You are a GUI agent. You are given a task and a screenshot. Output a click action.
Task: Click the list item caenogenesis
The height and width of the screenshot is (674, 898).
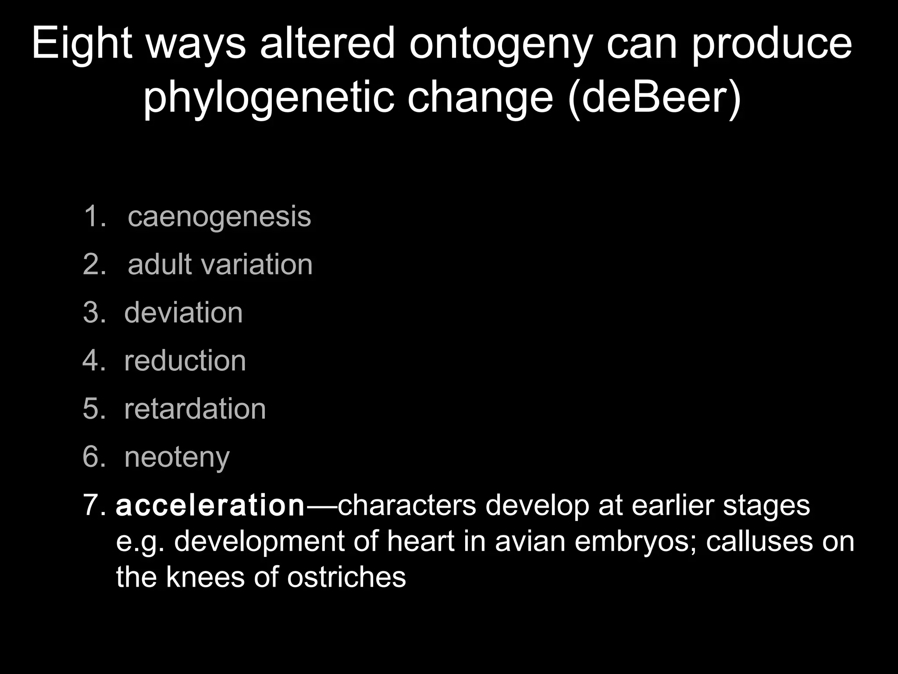point(219,216)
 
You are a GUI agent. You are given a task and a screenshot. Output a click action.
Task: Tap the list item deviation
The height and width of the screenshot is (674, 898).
point(183,313)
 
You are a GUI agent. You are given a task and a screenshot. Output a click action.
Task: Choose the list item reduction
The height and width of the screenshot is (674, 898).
point(185,361)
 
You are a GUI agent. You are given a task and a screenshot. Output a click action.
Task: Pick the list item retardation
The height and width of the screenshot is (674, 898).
point(195,409)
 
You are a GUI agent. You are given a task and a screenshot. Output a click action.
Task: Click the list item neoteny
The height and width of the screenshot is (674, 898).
point(177,458)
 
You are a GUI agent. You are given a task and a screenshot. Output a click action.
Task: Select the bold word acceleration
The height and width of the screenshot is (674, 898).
point(210,505)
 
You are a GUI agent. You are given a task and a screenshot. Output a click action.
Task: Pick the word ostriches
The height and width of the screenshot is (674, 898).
point(346,577)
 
